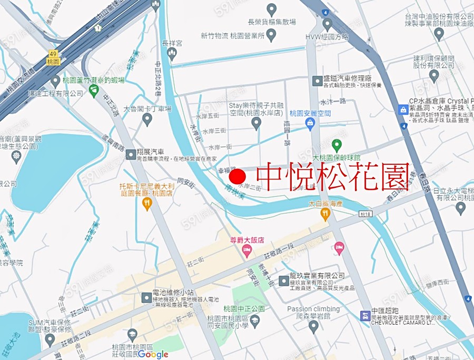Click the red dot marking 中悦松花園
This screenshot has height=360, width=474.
(x=239, y=176)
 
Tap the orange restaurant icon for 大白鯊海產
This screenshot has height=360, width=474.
(x=325, y=214)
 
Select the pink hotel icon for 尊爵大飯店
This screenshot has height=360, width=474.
(x=247, y=252)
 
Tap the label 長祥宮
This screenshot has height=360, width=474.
(x=172, y=44)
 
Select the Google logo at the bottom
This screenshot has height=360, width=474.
(x=153, y=354)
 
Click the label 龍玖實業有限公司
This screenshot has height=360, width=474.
(x=317, y=276)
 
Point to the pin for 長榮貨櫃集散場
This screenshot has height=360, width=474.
(x=271, y=9)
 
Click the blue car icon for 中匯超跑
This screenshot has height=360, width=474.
(x=364, y=316)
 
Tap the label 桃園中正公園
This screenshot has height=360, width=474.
(x=243, y=308)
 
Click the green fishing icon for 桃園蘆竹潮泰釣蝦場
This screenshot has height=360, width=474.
(x=94, y=91)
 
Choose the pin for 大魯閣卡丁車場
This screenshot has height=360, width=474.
(x=147, y=119)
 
